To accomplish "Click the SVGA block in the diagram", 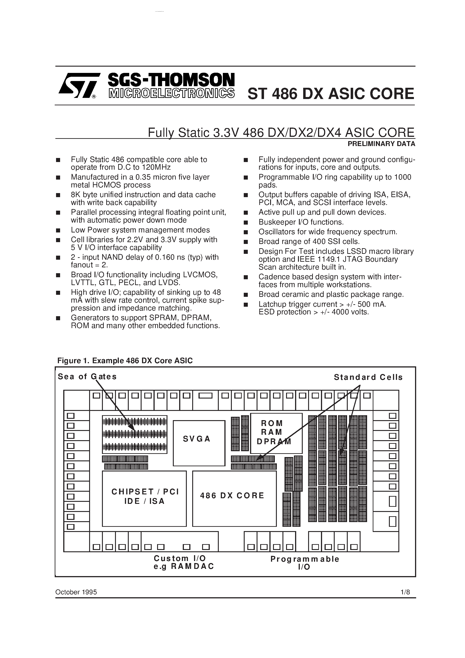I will pos(199,443).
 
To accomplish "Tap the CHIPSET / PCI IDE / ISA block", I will pos(144,499).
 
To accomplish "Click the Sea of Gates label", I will pos(87,376).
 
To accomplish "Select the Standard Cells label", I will pos(368,377).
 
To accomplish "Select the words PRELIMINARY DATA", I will pos(381,144).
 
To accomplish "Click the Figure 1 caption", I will pos(125,361).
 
